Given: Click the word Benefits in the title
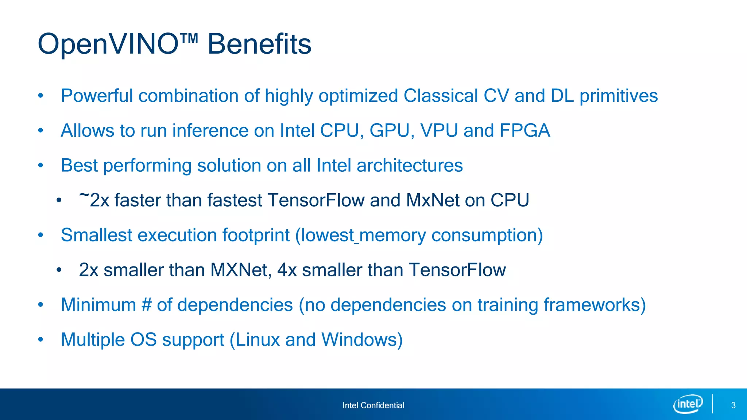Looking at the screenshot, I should pos(259,44).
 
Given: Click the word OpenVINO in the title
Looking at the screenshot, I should pos(108,44).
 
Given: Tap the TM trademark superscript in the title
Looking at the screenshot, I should pos(189,38).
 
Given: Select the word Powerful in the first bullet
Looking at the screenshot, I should pos(97,96).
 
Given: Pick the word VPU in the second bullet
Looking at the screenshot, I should pos(439,131).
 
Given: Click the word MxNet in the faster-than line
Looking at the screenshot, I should pos(432,200).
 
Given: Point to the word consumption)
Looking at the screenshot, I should pos(487,235).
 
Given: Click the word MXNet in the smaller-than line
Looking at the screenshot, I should pos(241,270).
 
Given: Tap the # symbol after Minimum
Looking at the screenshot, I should pos(146,305).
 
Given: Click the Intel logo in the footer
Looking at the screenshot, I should pos(688,404).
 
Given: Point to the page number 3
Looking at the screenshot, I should pos(733,405).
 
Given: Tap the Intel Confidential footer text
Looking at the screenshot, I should pos(373,405).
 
